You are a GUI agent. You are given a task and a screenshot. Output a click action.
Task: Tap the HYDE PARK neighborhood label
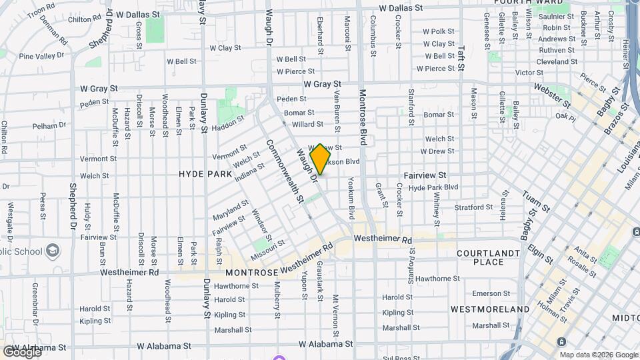[x=205, y=174]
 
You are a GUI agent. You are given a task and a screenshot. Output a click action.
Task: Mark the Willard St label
[x=307, y=125]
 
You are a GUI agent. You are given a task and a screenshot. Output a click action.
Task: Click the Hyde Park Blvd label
[x=433, y=188]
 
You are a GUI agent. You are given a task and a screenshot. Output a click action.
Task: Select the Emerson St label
[x=491, y=293]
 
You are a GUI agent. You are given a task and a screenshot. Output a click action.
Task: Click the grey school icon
[x=53, y=251]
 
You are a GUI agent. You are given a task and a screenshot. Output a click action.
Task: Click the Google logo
[x=21, y=352]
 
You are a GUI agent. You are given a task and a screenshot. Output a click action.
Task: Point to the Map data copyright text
[x=597, y=355]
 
